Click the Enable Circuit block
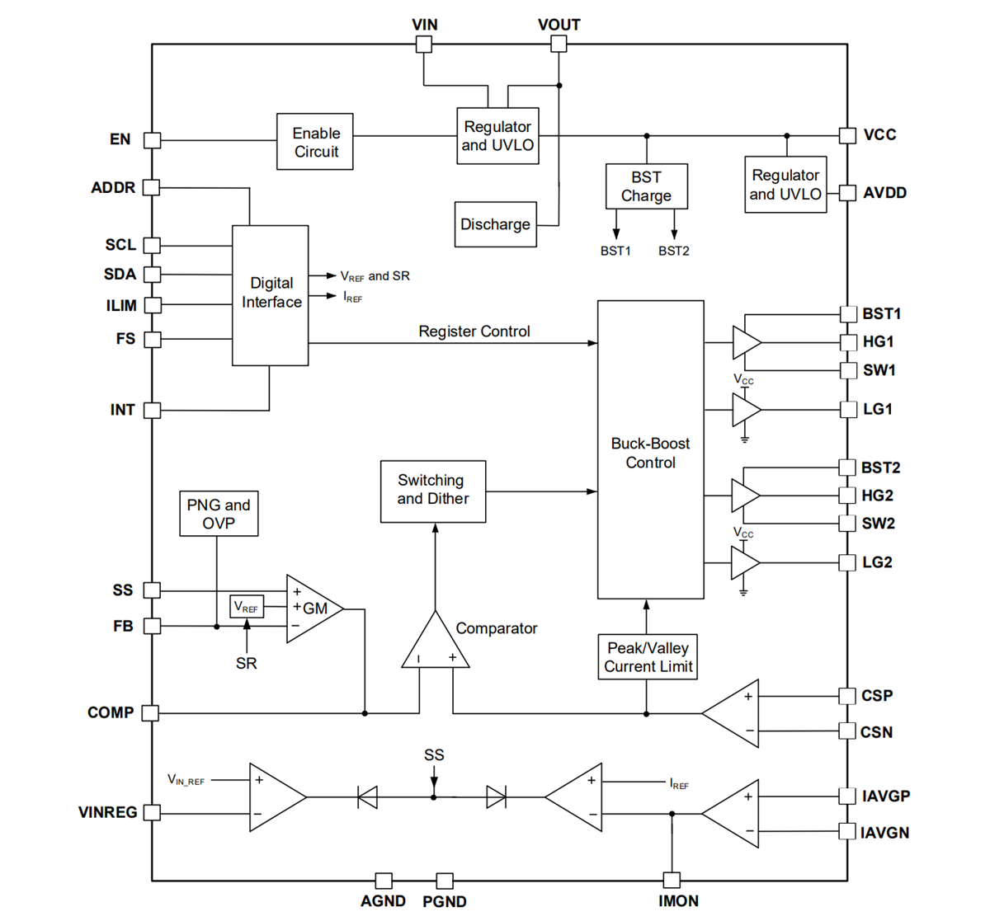[x=315, y=142]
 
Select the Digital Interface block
[x=271, y=294]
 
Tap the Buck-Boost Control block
[x=650, y=450]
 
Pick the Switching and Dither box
[x=432, y=491]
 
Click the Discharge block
[x=495, y=224]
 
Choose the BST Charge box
[x=646, y=186]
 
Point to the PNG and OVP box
[x=219, y=514]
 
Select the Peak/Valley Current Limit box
[x=648, y=657]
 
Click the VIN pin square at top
[x=423, y=45]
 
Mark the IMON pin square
[x=672, y=880]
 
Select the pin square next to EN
[x=153, y=140]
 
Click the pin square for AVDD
[x=847, y=193]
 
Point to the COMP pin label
[x=111, y=712]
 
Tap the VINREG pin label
[x=107, y=812]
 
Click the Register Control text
[x=474, y=331]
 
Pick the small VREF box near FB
[x=247, y=608]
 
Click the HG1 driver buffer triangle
[x=746, y=341]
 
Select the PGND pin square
[x=445, y=881]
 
